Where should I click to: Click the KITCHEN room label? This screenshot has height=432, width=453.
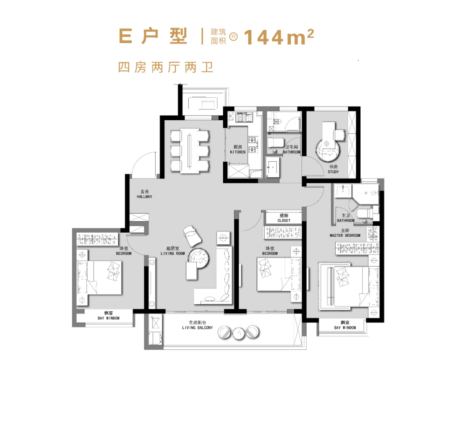tap(238, 152)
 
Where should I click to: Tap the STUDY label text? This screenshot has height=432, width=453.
tap(333, 172)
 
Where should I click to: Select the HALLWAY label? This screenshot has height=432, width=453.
tap(144, 197)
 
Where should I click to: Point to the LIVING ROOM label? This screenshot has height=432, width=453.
tap(173, 254)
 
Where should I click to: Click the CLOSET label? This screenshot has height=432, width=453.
tap(284, 220)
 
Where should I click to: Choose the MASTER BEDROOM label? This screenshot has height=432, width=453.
tap(345, 235)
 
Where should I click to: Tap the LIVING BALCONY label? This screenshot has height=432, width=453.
tap(197, 328)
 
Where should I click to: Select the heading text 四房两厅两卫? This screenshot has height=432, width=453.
tap(166, 67)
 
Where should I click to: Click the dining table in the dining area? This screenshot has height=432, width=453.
tap(190, 151)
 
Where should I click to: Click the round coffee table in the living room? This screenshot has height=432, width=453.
tap(198, 258)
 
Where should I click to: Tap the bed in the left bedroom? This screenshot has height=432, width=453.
tap(99, 278)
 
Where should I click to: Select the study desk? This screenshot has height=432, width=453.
tap(329, 132)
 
